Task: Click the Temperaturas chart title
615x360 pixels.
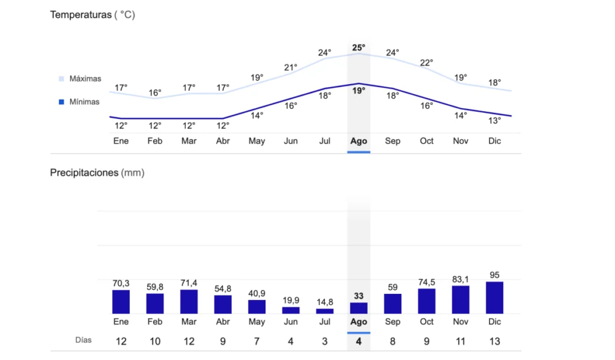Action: pyautogui.click(x=80, y=15)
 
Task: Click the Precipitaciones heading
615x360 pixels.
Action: pyautogui.click(x=84, y=172)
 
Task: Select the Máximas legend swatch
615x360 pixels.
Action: pyautogui.click(x=61, y=79)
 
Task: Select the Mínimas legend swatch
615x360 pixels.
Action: pyautogui.click(x=61, y=102)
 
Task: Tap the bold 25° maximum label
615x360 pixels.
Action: pyautogui.click(x=359, y=47)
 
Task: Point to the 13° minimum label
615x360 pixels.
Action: pyautogui.click(x=494, y=120)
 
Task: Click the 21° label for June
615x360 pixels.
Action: pyautogui.click(x=291, y=67)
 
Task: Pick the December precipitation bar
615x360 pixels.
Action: pyautogui.click(x=494, y=297)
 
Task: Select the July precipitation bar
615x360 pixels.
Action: pyautogui.click(x=325, y=311)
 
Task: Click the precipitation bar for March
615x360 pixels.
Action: pyautogui.click(x=189, y=301)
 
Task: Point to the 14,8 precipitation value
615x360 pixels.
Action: pyautogui.click(x=325, y=302)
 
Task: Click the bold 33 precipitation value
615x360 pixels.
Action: pyautogui.click(x=359, y=296)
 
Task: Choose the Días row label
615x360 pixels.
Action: pyautogui.click(x=83, y=340)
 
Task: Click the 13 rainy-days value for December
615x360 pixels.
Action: pyautogui.click(x=494, y=341)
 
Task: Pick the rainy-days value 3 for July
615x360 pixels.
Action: pyautogui.click(x=325, y=341)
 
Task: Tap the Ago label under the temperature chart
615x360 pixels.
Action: pyautogui.click(x=359, y=141)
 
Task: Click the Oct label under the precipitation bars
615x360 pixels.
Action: pyautogui.click(x=426, y=322)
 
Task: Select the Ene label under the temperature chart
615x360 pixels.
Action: pyautogui.click(x=121, y=141)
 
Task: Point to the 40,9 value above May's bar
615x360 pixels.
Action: pyautogui.click(x=257, y=293)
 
